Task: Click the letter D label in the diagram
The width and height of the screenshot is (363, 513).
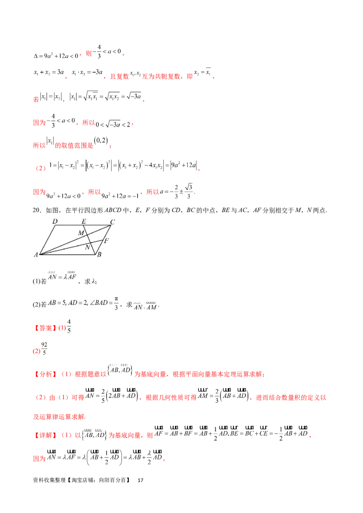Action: (54, 221)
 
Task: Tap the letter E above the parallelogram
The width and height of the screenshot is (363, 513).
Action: (83, 221)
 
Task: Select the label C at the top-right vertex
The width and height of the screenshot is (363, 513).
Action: (113, 221)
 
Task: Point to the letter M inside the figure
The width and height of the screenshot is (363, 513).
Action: (81, 232)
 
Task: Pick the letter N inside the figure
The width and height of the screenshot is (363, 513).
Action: (88, 247)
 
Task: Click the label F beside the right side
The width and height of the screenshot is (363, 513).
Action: (106, 240)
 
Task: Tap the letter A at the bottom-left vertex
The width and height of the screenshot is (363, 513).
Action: (35, 255)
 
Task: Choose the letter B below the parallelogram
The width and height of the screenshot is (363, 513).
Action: (99, 255)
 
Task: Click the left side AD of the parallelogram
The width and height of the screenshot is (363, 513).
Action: (47, 240)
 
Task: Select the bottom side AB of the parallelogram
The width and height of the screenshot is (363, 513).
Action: (68, 255)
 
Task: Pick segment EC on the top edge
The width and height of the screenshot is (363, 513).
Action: (97, 225)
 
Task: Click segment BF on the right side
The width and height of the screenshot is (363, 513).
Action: (99, 247)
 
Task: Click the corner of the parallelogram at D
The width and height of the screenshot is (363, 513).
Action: (54, 225)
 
